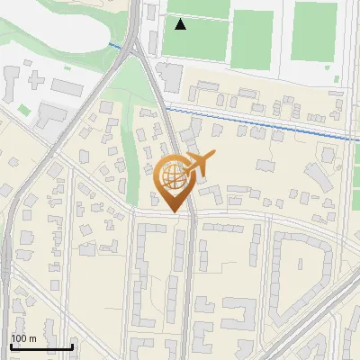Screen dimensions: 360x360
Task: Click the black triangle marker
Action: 181,24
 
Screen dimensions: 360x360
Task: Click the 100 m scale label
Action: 23,338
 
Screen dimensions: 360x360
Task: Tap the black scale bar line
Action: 41,346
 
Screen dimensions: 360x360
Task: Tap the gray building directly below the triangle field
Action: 169,77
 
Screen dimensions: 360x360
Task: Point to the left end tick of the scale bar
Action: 11,346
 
